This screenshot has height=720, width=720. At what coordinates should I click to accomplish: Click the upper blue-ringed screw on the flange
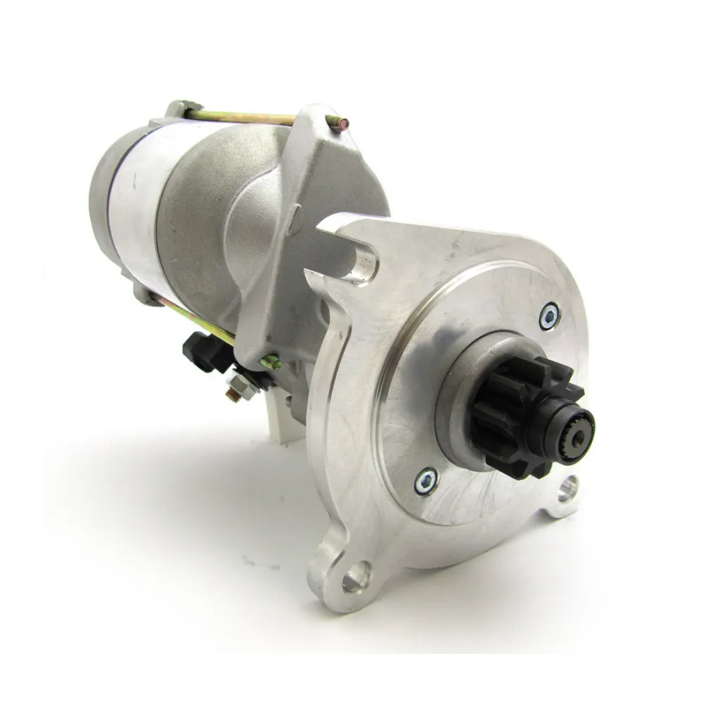click(549, 316)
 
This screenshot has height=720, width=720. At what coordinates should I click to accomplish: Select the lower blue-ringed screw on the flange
click(426, 481)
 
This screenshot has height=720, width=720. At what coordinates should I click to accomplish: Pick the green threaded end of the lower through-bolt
click(271, 363)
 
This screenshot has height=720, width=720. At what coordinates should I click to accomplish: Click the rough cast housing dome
click(211, 211)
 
